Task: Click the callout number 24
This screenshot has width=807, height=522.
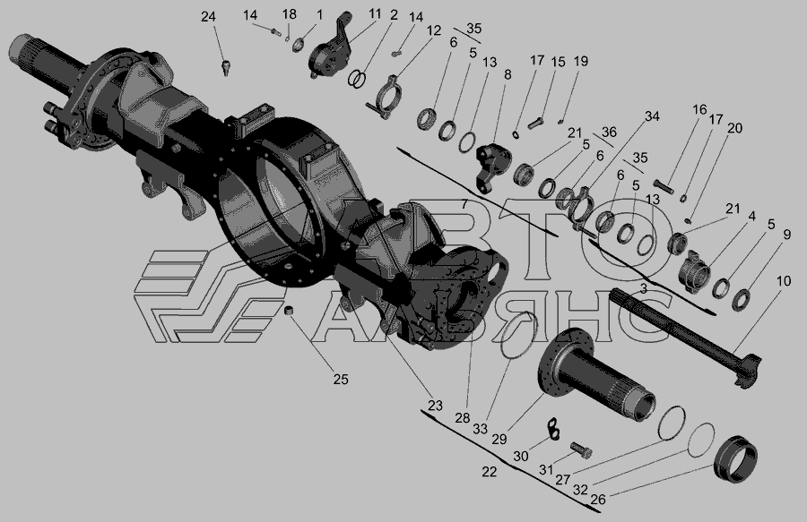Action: [x=208, y=17]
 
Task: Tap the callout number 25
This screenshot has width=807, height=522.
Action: [x=341, y=379]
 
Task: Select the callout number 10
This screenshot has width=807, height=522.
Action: [x=784, y=281]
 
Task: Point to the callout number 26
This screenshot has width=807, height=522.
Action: [x=598, y=499]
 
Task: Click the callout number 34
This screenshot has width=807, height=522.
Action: [x=652, y=116]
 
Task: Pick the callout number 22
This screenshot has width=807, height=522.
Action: [x=489, y=471]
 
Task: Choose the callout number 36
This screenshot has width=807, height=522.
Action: [x=609, y=132]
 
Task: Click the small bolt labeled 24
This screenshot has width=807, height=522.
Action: [x=225, y=67]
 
